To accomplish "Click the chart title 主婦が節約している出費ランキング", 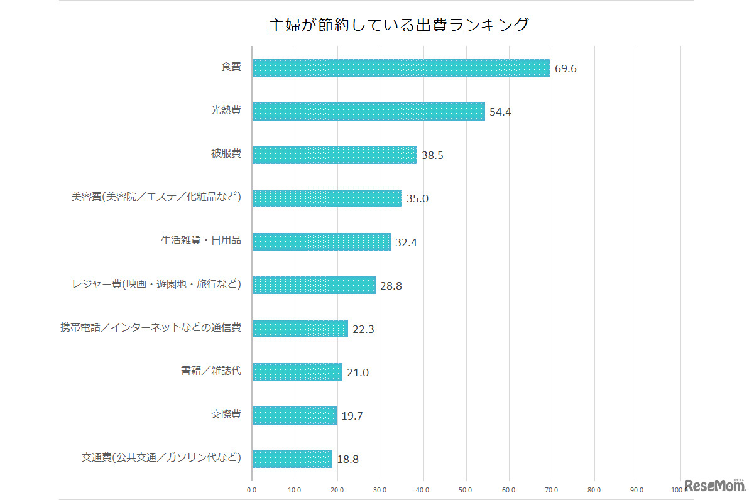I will coord(399,25).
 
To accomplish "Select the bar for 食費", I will coord(401,68).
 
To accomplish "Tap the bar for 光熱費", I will coord(368,111).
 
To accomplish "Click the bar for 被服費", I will coord(334,155).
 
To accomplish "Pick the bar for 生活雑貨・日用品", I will coord(321,242).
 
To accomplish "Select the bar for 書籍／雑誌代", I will coord(297,372).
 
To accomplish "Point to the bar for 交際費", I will coord(294,415).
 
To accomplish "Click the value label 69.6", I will coord(565,68).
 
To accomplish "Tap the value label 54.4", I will coord(501,112).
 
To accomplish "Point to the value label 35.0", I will coord(417,198).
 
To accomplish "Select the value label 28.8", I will coord(391,286).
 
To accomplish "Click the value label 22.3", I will coord(363,329).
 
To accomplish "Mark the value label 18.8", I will coord(347,459).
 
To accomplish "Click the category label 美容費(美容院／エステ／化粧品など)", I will coord(156,197).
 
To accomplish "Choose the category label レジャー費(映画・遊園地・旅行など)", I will coord(156,284).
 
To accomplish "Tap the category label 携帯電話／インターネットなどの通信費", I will coord(151,327).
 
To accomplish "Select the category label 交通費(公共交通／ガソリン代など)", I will coord(161,457).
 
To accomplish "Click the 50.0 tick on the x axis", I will coord(466,489).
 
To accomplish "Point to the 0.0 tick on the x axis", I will coord(251,489).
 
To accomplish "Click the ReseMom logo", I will coord(714,486).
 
